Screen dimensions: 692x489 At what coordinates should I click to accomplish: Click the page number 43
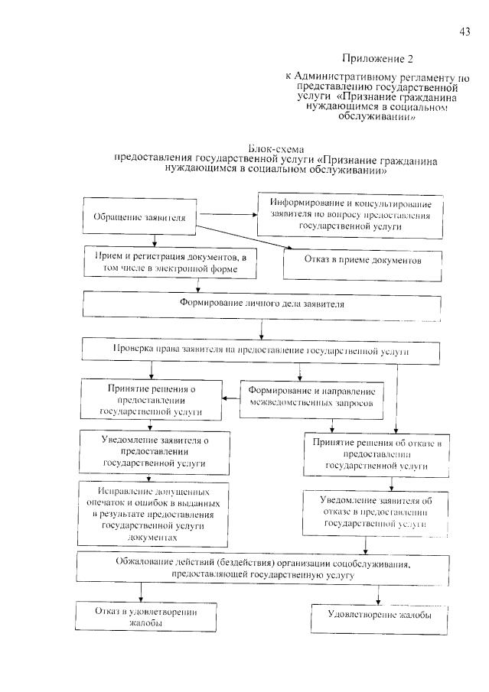point(464,31)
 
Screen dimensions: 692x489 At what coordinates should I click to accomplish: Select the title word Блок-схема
point(277,147)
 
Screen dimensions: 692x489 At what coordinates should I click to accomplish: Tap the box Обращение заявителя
point(139,217)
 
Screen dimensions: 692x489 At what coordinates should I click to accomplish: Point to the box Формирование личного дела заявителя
point(262,304)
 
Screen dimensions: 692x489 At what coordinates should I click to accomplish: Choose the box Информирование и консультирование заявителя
point(350,215)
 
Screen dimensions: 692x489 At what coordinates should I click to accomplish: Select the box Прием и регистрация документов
point(171,262)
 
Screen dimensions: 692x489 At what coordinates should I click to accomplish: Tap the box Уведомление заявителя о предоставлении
point(155,451)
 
